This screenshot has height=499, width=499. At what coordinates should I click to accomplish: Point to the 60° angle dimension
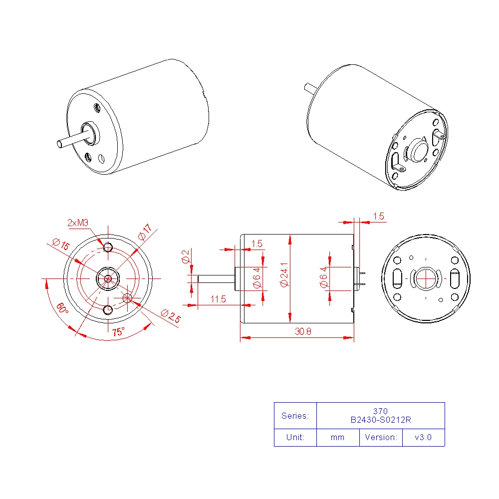[61, 308]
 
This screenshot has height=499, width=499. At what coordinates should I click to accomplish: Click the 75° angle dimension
[119, 331]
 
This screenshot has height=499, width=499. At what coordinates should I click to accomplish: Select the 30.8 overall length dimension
[303, 332]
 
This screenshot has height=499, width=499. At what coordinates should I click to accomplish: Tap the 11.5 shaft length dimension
[218, 299]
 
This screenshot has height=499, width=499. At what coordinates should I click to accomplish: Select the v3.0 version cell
[423, 437]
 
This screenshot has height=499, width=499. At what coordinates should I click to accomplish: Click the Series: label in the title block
[295, 416]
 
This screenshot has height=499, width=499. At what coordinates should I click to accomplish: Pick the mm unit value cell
[337, 437]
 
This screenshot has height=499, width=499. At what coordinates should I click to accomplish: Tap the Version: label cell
[381, 437]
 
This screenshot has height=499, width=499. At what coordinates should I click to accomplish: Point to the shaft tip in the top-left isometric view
[59, 144]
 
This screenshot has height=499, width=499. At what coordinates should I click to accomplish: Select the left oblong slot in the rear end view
[398, 278]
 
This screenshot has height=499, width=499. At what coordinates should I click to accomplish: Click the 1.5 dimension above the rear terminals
[379, 216]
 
